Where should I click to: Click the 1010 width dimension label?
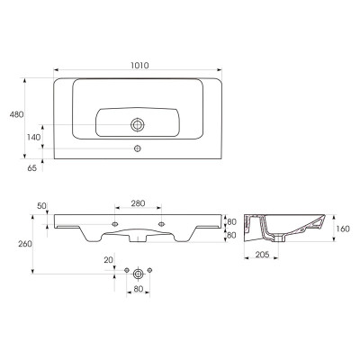pos(139,65)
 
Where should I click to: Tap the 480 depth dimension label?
pos(16,114)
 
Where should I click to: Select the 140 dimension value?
pos(33,138)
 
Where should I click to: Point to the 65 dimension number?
pos(32,168)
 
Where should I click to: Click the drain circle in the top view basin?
pos(138,125)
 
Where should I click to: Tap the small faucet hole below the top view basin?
pos(138,148)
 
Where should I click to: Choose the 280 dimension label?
pos(138,203)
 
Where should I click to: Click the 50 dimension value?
pos(42,206)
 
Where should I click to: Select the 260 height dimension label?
pos(25,244)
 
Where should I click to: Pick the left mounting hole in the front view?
pos(115,224)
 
